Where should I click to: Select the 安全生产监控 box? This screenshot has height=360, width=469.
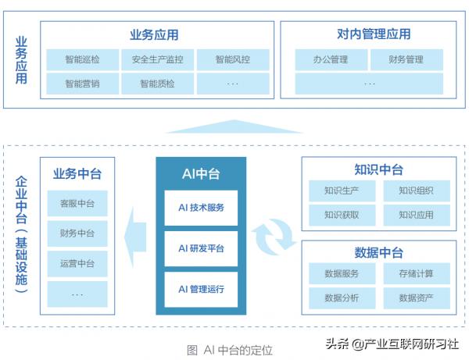point(158,59)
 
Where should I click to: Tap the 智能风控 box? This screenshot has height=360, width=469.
point(233,59)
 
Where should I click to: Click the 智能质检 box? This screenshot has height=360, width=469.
point(158,83)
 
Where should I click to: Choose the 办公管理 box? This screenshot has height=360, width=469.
point(331,59)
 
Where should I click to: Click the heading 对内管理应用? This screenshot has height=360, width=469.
point(368,34)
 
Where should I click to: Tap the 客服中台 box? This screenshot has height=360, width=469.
point(77,204)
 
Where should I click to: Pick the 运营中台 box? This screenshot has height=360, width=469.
point(77,263)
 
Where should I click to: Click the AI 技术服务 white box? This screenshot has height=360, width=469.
point(201,208)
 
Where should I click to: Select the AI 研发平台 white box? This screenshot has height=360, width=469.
point(201,249)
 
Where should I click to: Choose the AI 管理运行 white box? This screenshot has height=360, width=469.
point(201,289)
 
